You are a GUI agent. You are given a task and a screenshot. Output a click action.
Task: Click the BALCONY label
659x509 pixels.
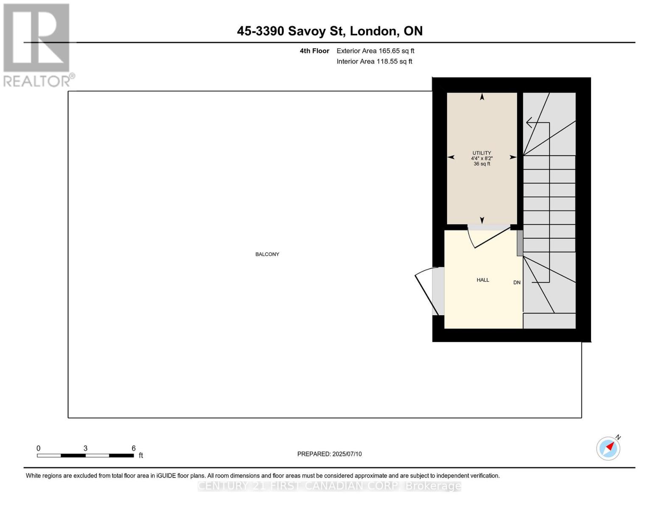pyautogui.click(x=267, y=255)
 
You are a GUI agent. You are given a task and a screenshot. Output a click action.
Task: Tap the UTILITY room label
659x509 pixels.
pyautogui.click(x=482, y=153)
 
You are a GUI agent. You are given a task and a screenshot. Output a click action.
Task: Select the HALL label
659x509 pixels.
pyautogui.click(x=482, y=280)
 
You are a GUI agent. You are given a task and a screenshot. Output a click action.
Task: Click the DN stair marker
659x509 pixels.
pyautogui.click(x=516, y=282)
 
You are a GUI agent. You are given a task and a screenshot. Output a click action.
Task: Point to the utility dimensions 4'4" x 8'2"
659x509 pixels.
pyautogui.click(x=482, y=158)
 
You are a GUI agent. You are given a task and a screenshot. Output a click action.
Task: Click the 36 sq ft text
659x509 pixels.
pyautogui.click(x=482, y=164)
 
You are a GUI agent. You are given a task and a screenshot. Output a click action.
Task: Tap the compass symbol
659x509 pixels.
pyautogui.click(x=608, y=448)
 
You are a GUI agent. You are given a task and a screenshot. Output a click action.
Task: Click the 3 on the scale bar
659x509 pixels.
pyautogui.click(x=85, y=448)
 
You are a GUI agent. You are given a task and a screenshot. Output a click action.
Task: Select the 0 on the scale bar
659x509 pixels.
pyautogui.click(x=38, y=448)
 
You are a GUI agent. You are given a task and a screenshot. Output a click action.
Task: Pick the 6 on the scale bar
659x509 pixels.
pyautogui.click(x=133, y=448)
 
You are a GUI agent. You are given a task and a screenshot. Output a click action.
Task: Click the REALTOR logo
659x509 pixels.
pyautogui.click(x=37, y=45)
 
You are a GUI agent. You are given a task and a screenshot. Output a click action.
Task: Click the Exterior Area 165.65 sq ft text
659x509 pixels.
pyautogui.click(x=375, y=51)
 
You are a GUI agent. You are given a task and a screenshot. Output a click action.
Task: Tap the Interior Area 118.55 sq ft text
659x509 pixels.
pyautogui.click(x=374, y=62)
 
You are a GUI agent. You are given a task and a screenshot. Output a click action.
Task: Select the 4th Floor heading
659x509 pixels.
pyautogui.click(x=314, y=51)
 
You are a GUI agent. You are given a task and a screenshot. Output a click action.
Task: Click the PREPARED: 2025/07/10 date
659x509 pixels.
pyautogui.click(x=329, y=454)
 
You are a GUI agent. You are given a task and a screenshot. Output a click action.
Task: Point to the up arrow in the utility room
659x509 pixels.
pyautogui.click(x=482, y=97)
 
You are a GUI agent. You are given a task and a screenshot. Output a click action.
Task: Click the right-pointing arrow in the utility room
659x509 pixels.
pyautogui.click(x=513, y=157)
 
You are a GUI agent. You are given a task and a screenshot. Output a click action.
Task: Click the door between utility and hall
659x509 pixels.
pyautogui.click(x=490, y=238)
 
